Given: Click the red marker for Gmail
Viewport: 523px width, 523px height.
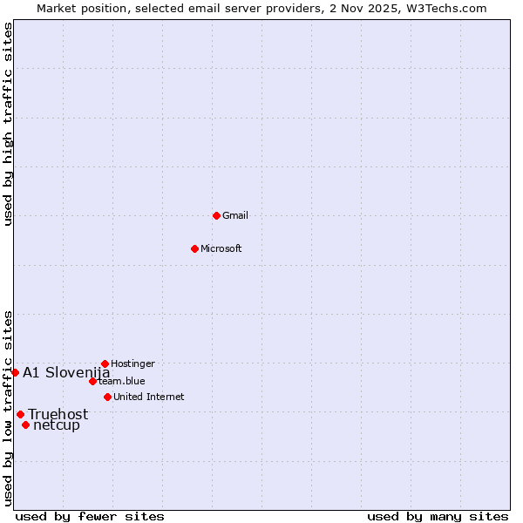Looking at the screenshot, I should pos(216,215).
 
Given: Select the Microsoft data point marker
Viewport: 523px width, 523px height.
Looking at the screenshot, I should pos(195,248).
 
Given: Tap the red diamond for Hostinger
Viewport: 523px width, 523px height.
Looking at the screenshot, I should pos(105,363).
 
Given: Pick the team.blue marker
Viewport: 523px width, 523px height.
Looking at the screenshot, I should pos(92,381).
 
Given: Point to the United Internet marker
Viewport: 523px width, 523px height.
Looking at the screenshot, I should pos(107,397).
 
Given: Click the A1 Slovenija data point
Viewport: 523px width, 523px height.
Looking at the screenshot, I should pos(15,372).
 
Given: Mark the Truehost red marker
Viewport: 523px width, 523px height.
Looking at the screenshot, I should pos(20,414).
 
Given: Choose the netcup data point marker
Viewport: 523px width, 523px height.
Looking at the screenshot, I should pos(26,425).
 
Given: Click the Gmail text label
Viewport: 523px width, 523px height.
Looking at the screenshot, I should pos(235,215).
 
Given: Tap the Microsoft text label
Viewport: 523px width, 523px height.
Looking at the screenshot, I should pos(221,248).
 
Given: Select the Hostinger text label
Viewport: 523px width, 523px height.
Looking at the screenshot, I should pos(132,363).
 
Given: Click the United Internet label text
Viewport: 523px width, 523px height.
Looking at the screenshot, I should pos(149,397).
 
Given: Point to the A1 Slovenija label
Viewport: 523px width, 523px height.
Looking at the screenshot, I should pos(66,372).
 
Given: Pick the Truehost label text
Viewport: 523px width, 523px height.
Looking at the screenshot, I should pos(58,414).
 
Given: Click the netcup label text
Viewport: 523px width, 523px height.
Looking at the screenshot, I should pos(57,425).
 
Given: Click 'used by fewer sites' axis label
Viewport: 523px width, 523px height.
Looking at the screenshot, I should pos(90,516).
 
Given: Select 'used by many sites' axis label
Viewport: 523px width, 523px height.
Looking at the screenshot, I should pos(438,516).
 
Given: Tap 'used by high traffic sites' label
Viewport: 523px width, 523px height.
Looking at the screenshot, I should pos(8,124).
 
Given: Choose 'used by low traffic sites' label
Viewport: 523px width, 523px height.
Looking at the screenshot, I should pos(8,407).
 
